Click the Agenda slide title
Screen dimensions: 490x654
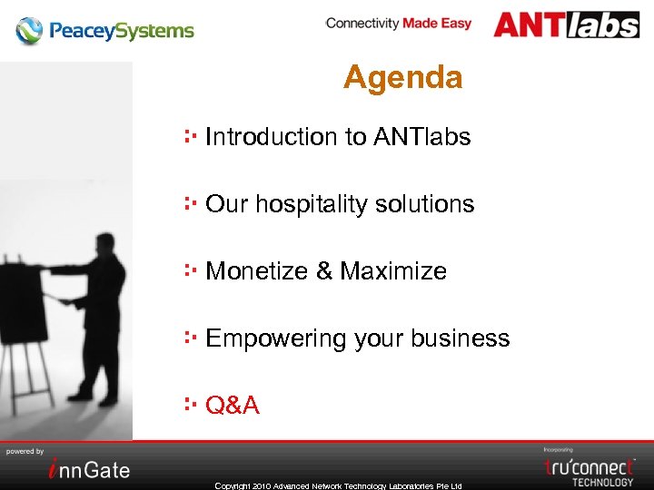402,78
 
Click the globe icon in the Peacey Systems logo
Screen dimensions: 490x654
29,31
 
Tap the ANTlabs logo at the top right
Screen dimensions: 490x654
566,24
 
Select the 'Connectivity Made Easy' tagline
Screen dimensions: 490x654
398,23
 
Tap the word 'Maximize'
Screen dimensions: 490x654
393,271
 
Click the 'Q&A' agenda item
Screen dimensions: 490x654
233,406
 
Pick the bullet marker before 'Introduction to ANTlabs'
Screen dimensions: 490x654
191,136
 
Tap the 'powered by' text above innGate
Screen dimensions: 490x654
25,451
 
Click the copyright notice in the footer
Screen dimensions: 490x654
338,485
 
